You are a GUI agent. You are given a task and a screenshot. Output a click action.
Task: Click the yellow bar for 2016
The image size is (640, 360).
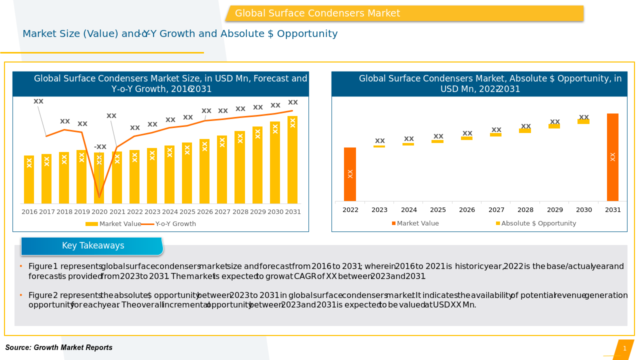(x=29, y=179)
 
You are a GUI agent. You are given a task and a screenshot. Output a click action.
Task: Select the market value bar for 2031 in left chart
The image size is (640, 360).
(x=292, y=159)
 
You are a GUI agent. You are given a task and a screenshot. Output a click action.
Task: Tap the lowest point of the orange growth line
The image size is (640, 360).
(x=99, y=197)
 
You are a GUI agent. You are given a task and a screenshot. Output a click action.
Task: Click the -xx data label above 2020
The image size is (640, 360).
(x=100, y=147)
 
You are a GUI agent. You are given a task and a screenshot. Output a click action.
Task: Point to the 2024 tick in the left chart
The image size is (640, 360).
(x=170, y=212)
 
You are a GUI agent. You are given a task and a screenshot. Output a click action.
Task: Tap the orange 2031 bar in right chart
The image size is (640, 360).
(x=612, y=157)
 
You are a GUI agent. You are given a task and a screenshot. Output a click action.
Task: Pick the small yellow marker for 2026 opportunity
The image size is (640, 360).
(x=467, y=138)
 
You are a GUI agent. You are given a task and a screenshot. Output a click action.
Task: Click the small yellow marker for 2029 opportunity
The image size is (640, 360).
(x=554, y=126)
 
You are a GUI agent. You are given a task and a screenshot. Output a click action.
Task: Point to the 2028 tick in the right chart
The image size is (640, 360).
(x=525, y=210)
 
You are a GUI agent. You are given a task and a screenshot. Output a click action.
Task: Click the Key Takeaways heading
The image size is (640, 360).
(x=93, y=246)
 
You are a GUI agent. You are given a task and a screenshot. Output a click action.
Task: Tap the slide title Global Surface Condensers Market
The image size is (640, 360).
(x=317, y=13)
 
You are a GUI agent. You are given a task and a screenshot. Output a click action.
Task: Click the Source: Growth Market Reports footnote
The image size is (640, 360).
(x=59, y=347)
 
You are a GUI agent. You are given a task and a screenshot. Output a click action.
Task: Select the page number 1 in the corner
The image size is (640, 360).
(x=624, y=348)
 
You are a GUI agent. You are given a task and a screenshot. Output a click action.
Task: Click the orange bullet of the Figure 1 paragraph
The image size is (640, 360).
(x=21, y=266)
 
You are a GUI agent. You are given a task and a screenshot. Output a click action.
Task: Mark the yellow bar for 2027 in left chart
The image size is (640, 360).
(x=222, y=169)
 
